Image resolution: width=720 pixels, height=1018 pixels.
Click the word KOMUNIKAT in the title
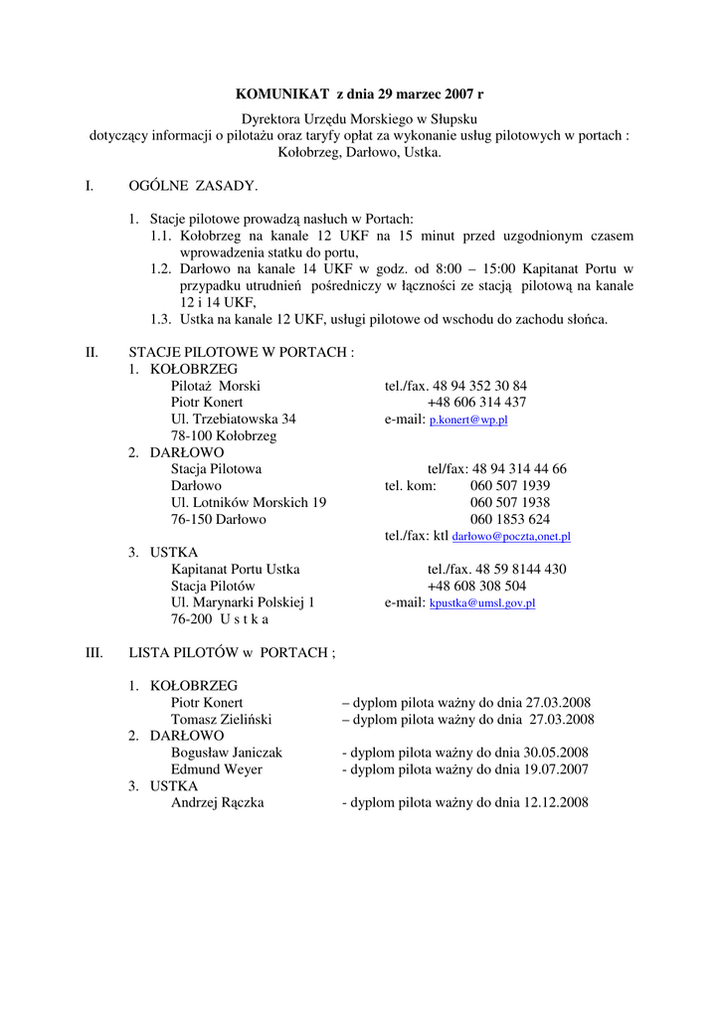point(282,94)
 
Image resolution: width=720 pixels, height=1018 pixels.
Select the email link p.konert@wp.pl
point(468,421)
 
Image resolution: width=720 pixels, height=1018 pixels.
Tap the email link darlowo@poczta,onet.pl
point(511,537)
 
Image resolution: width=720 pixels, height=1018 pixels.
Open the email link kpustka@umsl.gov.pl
point(482,603)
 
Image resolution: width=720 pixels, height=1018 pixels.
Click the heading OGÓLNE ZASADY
point(193,186)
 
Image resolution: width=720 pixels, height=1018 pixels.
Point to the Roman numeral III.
point(94,653)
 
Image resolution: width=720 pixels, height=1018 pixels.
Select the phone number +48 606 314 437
point(476,403)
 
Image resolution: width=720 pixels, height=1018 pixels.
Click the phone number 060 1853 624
point(510,519)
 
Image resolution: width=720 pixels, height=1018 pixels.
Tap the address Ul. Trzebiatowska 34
point(233,420)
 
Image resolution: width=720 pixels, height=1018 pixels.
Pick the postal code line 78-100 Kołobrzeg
point(224,436)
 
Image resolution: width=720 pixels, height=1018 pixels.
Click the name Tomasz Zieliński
point(221,720)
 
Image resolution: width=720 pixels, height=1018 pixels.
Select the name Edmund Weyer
point(217,769)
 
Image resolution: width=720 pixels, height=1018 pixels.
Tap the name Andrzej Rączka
point(217,803)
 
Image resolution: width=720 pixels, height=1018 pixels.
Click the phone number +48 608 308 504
point(476,587)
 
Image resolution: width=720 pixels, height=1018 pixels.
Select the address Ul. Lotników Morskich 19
point(249,503)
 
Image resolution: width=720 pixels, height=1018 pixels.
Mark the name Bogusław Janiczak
point(227,753)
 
